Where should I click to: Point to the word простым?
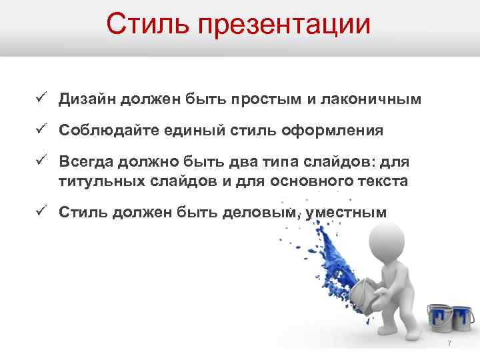pyautogui.click(x=266, y=99)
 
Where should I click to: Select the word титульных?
pyautogui.click(x=96, y=180)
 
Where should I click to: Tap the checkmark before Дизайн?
pyautogui.click(x=41, y=99)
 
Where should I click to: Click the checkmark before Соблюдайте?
pyautogui.click(x=41, y=129)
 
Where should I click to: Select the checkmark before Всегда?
pyautogui.click(x=41, y=161)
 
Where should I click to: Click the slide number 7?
pyautogui.click(x=449, y=343)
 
